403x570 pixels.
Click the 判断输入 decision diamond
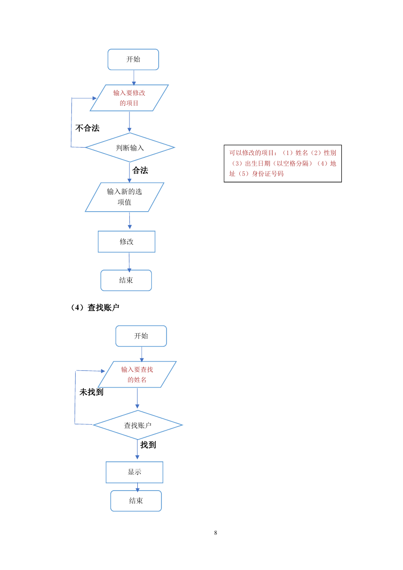130,147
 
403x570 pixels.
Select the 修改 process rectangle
127,241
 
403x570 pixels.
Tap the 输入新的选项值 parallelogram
125,197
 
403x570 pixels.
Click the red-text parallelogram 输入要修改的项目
129,98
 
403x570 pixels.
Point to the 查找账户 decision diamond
138,425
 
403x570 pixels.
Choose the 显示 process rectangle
134,472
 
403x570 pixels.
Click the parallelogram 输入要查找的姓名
137,374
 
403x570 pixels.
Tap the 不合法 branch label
87,128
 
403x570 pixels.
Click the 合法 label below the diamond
140,170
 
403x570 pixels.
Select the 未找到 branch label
91,392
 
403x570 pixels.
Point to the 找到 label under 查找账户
148,445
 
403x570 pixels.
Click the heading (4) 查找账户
95,307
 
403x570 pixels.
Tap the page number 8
216,532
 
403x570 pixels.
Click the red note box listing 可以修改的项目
283,163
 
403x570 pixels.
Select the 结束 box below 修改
126,280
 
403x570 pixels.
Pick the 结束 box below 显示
136,500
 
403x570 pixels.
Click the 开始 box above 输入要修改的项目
133,59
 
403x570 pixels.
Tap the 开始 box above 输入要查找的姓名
141,336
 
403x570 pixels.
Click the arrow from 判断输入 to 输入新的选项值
129,172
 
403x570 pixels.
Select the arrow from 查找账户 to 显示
137,449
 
